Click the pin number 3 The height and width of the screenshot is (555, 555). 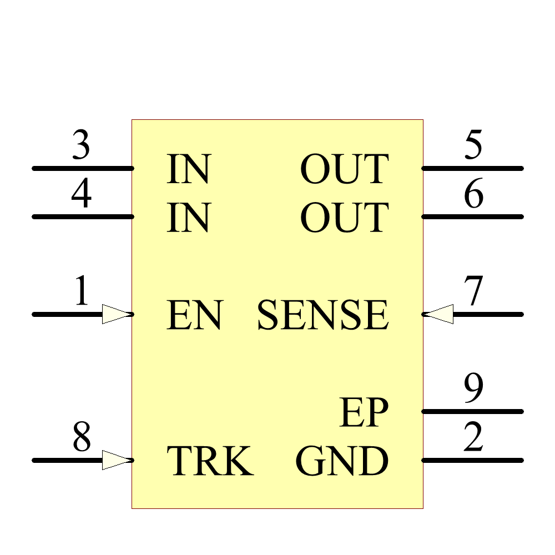tap(81, 147)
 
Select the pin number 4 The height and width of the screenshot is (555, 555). tap(81, 195)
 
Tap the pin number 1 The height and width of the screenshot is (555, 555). tap(82, 292)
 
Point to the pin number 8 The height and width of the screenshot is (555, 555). tap(82, 438)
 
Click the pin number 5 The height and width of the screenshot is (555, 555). tap(473, 147)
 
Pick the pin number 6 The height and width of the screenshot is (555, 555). tap(473, 195)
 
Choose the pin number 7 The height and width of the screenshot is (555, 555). tap(474, 292)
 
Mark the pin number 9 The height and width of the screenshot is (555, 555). tap(473, 390)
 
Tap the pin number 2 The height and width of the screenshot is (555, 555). tap(473, 438)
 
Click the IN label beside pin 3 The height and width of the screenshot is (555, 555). tap(189, 169)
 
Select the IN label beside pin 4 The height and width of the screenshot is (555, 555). tap(189, 218)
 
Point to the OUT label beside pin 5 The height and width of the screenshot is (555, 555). tap(344, 169)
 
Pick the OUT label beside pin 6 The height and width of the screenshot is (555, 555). tap(344, 218)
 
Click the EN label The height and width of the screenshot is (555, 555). tap(195, 315)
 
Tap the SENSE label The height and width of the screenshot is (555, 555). tap(322, 315)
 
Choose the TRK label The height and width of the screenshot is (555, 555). tap(210, 461)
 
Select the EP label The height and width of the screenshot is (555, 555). tap(364, 413)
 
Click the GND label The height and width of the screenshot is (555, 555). tap(342, 461)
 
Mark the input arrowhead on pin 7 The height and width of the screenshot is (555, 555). tap(438, 314)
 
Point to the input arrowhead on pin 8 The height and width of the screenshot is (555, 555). tap(117, 460)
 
